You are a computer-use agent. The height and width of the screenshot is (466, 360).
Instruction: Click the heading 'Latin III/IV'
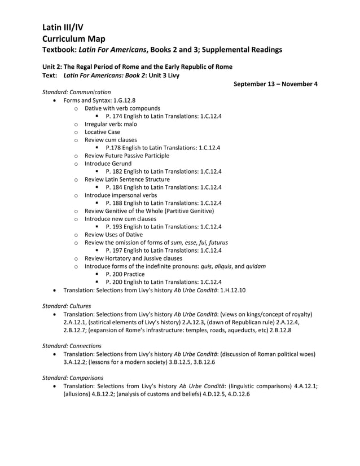pyautogui.click(x=63, y=27)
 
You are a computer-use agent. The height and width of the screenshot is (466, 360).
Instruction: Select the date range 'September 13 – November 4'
pyautogui.click(x=275, y=84)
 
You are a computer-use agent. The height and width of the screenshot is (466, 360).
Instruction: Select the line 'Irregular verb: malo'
pyautogui.click(x=111, y=124)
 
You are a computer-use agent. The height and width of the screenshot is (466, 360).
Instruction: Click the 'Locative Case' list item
pyautogui.click(x=102, y=131)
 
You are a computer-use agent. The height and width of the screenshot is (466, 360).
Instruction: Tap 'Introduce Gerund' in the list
pyautogui.click(x=108, y=163)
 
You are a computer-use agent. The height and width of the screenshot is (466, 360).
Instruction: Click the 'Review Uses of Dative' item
pyautogui.click(x=113, y=234)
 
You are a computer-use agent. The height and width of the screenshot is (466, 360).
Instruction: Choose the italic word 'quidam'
pyautogui.click(x=256, y=266)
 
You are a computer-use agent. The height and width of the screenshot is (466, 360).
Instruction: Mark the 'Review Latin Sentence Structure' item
pyautogui.click(x=127, y=179)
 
